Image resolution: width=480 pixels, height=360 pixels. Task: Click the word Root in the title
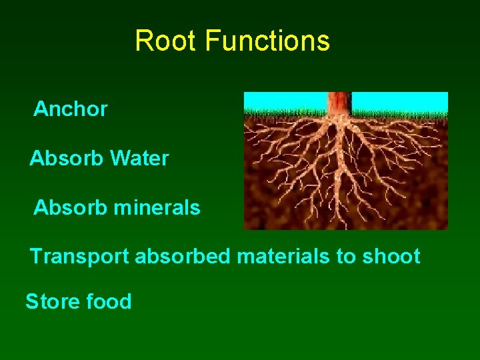point(167,41)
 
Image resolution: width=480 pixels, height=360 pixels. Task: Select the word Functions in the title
point(267,41)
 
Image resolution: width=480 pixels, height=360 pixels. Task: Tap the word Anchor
point(71,109)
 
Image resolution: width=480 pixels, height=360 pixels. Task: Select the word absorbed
point(183,257)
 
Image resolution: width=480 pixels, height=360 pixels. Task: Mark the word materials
point(284,257)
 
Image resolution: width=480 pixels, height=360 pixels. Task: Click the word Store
point(53,301)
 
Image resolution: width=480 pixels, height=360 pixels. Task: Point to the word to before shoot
point(347,257)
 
